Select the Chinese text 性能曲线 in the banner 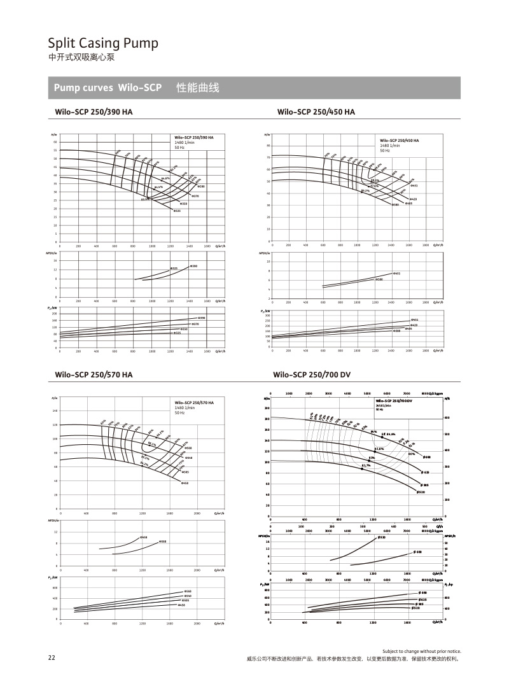(x=197, y=88)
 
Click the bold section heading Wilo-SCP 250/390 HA (x=94, y=112)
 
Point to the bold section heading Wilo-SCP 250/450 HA (x=316, y=112)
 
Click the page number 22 (x=52, y=658)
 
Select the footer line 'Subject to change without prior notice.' (x=421, y=652)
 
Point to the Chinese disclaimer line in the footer (x=352, y=659)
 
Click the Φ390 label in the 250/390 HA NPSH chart (x=194, y=265)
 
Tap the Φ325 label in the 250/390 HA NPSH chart (x=174, y=269)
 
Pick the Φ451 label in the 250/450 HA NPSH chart (x=396, y=274)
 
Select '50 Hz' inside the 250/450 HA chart (x=385, y=151)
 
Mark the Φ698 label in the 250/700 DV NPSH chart (x=418, y=552)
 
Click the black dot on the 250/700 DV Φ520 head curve (x=362, y=468)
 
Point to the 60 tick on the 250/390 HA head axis (x=55, y=142)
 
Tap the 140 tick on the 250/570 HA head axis (x=55, y=411)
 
